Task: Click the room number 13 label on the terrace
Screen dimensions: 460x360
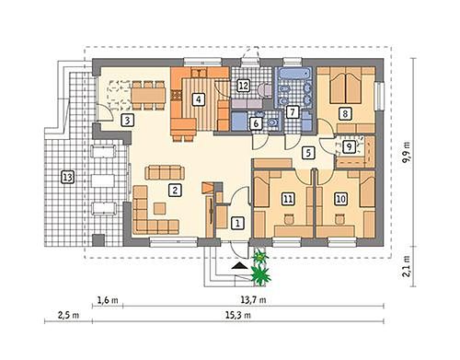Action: [x=67, y=178]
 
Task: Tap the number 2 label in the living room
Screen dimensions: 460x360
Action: [x=175, y=191]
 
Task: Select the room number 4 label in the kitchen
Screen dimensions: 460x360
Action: [x=199, y=99]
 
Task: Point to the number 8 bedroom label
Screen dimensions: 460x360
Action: [x=345, y=113]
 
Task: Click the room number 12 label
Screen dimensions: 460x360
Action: [x=243, y=86]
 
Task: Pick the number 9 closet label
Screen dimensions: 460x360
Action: [x=349, y=146]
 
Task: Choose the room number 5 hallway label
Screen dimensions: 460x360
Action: [x=308, y=153]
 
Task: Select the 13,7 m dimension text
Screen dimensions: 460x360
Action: [x=253, y=299]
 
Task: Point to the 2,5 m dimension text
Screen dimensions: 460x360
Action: [x=68, y=315]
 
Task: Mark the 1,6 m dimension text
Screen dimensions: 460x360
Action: [x=108, y=299]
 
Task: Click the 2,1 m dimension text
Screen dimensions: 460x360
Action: [x=408, y=266]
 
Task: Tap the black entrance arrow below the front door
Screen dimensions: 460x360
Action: [x=239, y=266]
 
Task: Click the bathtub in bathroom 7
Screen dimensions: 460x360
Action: [x=293, y=75]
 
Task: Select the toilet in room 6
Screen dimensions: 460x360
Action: [x=271, y=122]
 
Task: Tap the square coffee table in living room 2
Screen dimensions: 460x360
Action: [x=160, y=208]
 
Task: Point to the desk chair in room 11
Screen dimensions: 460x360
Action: [x=289, y=219]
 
